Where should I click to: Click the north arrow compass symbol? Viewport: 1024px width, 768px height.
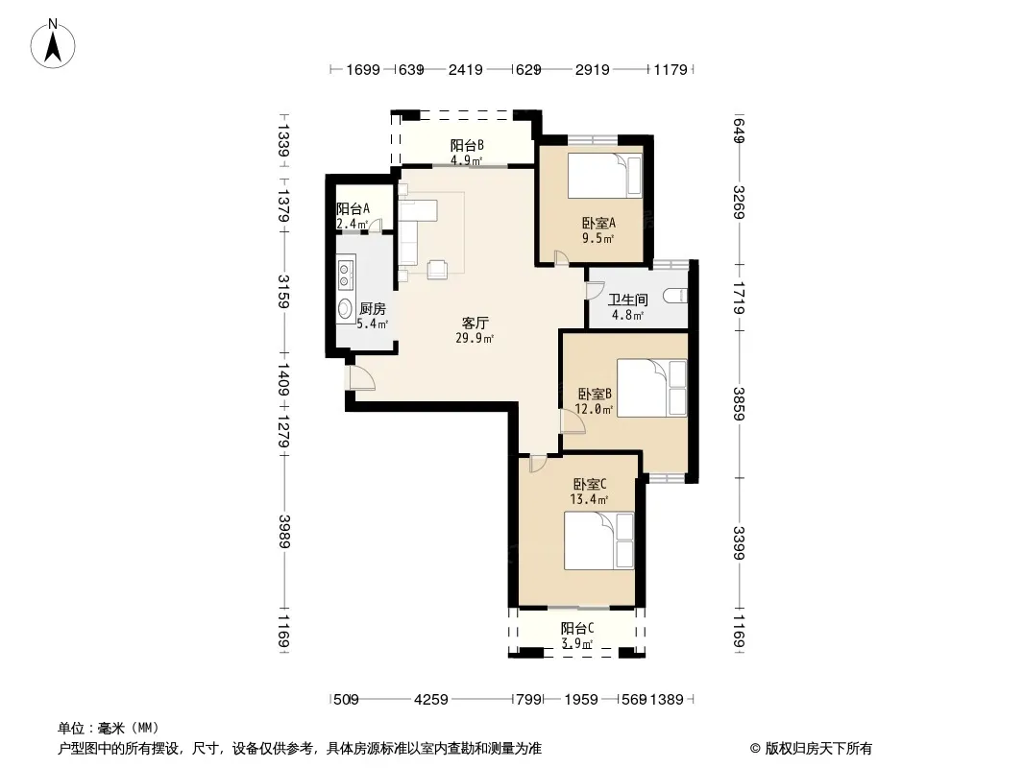[x=53, y=44]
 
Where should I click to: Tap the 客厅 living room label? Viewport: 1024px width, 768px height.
[x=475, y=323]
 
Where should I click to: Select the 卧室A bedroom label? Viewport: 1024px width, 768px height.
[x=598, y=223]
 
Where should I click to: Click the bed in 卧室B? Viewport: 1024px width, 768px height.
[x=651, y=388]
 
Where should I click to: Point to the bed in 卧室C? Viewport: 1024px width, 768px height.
[x=598, y=540]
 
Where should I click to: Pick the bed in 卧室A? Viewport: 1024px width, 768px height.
[x=605, y=175]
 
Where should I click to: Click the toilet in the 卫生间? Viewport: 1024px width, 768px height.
[x=675, y=297]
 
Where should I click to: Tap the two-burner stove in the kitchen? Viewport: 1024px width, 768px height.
[x=346, y=274]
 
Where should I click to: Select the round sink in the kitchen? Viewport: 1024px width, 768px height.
[x=346, y=309]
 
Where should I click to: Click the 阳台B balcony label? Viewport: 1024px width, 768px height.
[x=466, y=146]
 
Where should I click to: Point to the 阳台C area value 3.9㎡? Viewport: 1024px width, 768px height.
[x=576, y=644]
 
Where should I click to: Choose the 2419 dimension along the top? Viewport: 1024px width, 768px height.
[x=465, y=69]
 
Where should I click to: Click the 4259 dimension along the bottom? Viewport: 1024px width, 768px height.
[x=431, y=700]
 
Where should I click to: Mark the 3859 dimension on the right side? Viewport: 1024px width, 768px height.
[x=738, y=404]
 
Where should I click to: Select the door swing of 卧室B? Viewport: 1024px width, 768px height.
[x=573, y=421]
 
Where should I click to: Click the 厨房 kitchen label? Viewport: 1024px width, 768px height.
[x=373, y=308]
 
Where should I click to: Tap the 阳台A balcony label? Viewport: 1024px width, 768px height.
[x=353, y=209]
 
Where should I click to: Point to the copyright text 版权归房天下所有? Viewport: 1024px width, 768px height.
[x=818, y=749]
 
